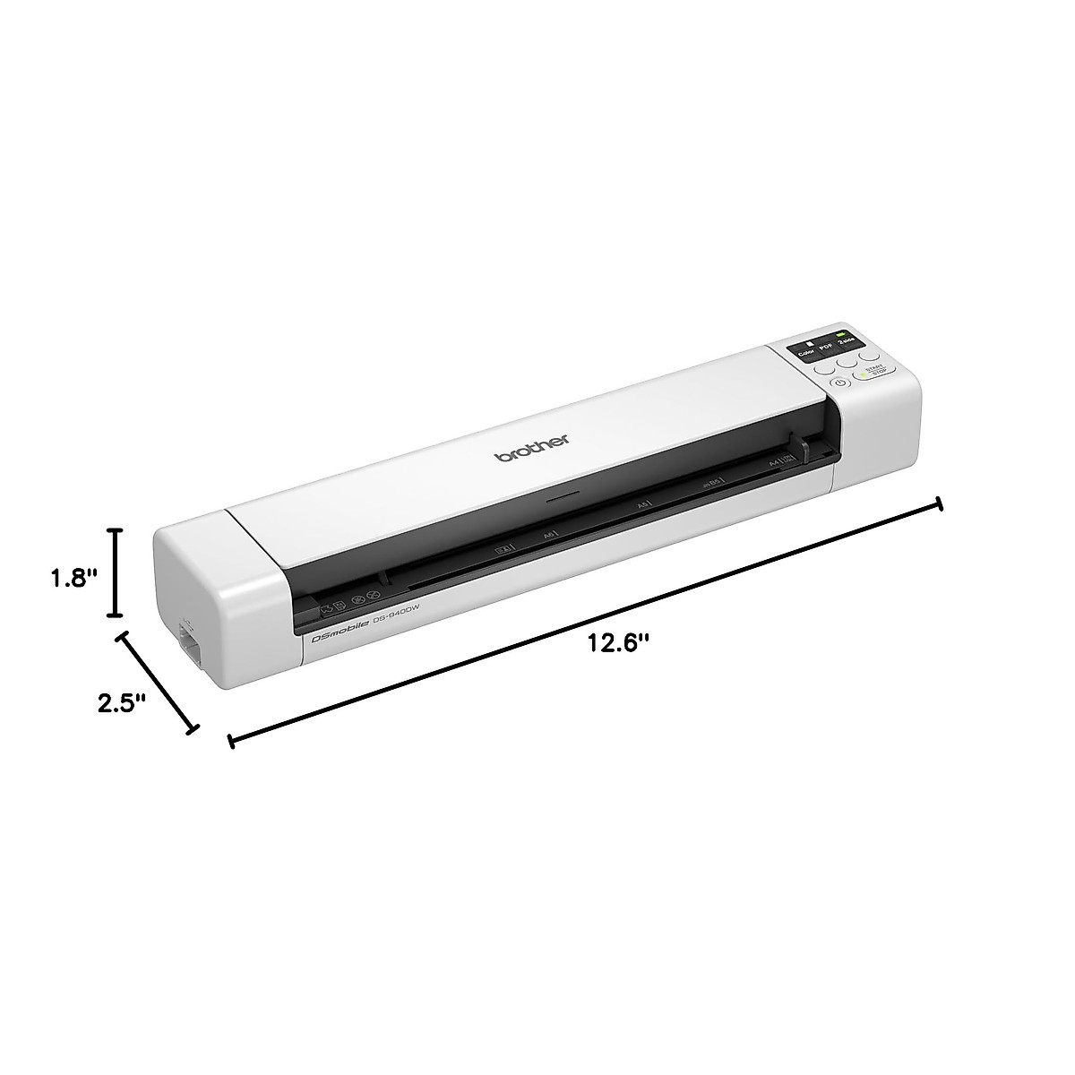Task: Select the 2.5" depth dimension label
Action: (122, 701)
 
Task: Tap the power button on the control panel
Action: (838, 383)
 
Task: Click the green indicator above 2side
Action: (840, 333)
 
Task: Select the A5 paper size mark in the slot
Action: (641, 506)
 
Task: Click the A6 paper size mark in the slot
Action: (548, 536)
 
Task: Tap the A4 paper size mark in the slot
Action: (772, 463)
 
